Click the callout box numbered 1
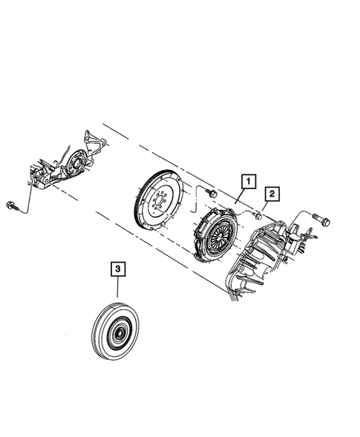[x=246, y=180]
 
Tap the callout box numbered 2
[x=272, y=194]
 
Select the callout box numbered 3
[x=117, y=268]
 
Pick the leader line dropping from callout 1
[x=241, y=196]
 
